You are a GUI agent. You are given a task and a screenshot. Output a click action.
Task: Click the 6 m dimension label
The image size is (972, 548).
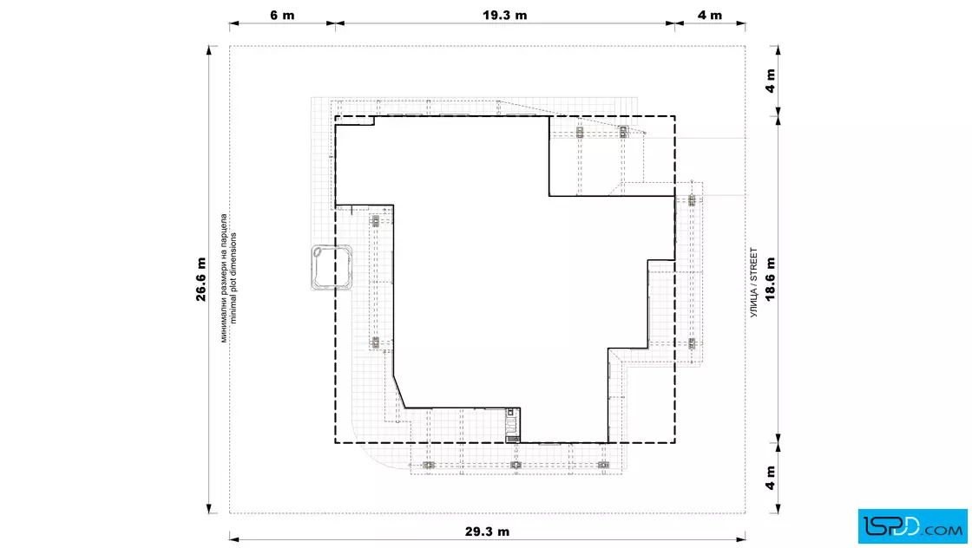tap(282, 16)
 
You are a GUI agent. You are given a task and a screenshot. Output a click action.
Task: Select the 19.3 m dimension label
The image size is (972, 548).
tap(504, 16)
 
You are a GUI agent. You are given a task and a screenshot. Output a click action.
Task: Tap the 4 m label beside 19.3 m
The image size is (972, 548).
tap(710, 16)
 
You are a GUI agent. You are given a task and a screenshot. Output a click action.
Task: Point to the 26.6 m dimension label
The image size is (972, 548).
tap(200, 279)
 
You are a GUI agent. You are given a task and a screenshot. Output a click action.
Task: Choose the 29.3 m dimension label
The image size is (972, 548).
tap(487, 532)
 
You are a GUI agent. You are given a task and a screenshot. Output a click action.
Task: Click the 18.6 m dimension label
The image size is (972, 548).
tap(771, 279)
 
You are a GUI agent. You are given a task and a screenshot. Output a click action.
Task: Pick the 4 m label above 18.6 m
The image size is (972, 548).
tap(771, 81)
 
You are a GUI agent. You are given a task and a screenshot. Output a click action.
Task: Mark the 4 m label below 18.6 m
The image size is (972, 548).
tap(771, 478)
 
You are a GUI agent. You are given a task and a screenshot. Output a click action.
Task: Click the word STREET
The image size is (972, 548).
tap(754, 264)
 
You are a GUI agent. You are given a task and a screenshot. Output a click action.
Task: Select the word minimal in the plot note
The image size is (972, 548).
tap(233, 309)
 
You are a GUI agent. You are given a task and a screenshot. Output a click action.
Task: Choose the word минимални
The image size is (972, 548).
tap(224, 321)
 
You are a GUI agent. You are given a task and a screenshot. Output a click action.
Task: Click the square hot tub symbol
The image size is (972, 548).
tap(332, 268)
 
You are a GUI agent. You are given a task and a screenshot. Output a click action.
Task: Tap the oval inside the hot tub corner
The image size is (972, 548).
tap(319, 252)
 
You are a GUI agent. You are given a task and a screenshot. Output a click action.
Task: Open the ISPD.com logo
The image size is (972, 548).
tap(912, 526)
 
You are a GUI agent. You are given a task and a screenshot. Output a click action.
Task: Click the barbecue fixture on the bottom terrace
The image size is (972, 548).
tap(512, 425)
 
